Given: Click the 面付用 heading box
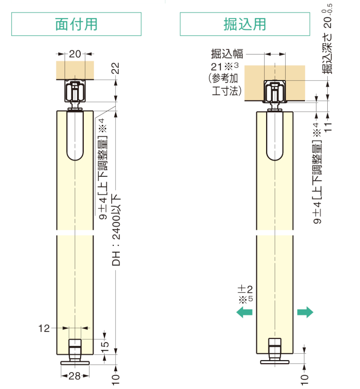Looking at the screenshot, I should (76, 24).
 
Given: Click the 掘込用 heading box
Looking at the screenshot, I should (245, 24).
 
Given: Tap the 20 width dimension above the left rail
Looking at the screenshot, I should (75, 54).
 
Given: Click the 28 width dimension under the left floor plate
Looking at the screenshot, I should (75, 376).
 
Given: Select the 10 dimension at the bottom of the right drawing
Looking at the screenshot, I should (305, 377).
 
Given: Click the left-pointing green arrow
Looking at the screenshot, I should (244, 312).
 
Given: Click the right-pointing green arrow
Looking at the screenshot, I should (305, 312).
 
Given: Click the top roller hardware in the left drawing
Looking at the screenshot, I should (75, 92).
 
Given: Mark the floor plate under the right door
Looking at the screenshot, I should (275, 361).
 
